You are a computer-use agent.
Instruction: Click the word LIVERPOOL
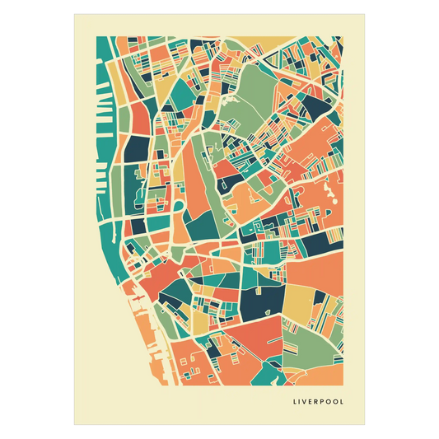(x=318, y=403)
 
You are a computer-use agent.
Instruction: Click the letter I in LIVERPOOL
(x=299, y=403)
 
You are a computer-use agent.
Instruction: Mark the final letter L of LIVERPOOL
(x=342, y=403)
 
